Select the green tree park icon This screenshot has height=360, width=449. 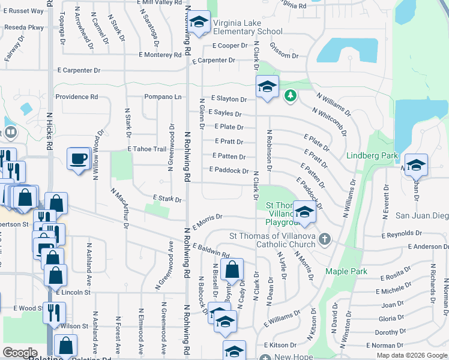tap(290, 95)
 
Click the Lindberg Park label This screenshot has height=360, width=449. tap(372, 156)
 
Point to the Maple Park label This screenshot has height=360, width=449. tap(346, 271)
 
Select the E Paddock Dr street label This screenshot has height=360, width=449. tap(229, 171)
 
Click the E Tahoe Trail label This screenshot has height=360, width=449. tap(146, 149)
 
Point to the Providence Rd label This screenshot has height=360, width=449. tap(76, 97)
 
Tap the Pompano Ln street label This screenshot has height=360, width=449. tap(161, 97)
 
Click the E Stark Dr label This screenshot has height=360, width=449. tap(167, 197)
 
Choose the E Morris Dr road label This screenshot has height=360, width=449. tap(208, 220)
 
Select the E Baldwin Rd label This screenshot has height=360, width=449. tap(211, 250)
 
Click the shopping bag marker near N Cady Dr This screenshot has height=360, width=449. tap(232, 269)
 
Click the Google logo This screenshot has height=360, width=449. tap(20, 353)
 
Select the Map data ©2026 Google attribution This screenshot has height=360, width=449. tap(411, 355)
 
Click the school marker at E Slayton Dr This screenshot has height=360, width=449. tap(267, 86)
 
